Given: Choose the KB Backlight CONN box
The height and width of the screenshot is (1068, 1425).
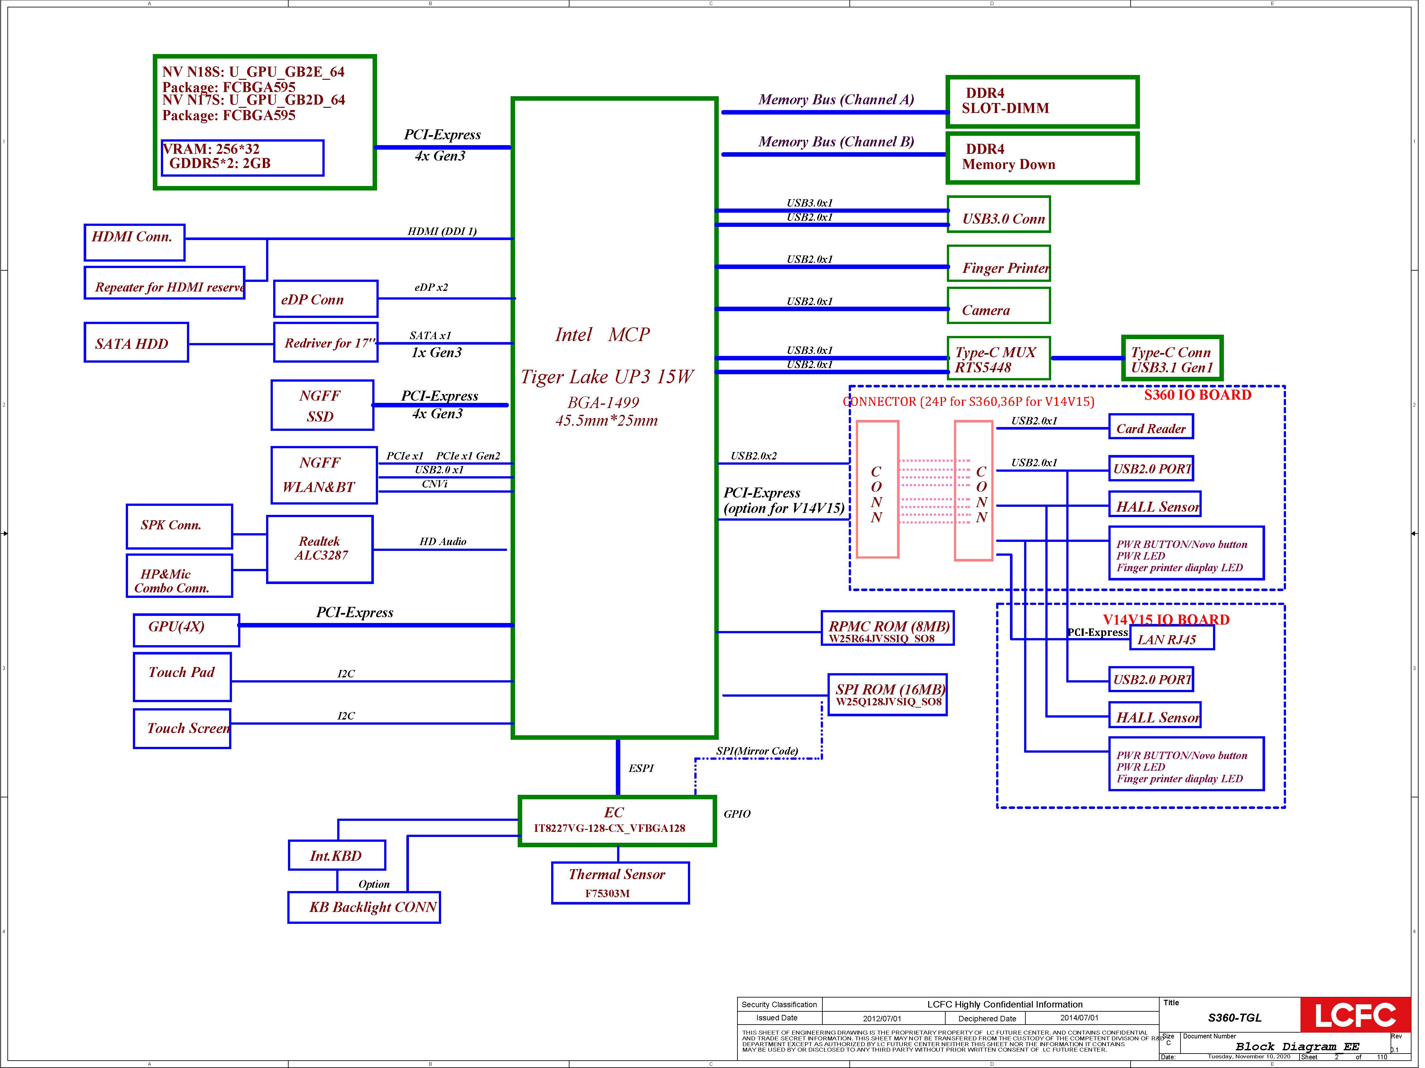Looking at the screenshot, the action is point(364,908).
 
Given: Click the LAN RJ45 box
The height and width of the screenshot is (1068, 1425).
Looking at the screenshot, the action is point(1172,638).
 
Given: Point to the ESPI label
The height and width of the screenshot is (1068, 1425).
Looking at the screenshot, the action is point(641,768).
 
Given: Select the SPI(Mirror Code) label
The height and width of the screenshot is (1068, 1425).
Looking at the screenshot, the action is point(757,751).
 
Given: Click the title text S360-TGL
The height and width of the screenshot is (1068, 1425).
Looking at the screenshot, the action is point(1234,1018).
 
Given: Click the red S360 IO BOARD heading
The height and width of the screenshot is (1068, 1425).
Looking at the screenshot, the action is point(1198,395).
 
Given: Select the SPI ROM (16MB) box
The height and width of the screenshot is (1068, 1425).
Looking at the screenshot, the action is point(887,694).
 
